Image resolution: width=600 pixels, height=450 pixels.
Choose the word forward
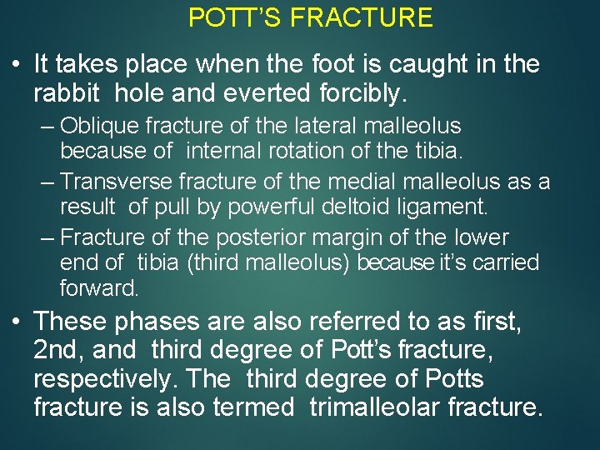(x=98, y=289)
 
